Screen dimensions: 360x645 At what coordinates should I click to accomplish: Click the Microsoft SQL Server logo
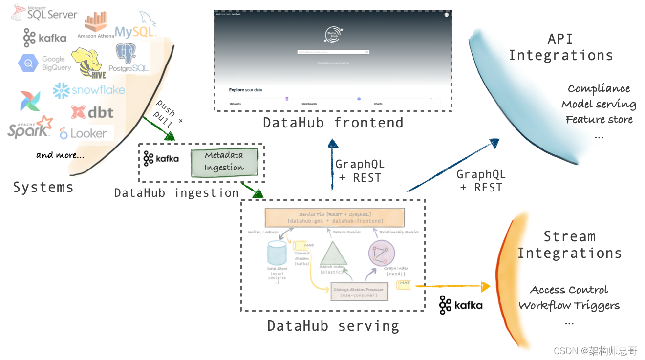[44, 13]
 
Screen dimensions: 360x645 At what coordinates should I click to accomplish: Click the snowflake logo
[89, 90]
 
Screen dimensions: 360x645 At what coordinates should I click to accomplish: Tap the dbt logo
[92, 112]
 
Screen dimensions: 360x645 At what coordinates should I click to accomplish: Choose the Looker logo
[83, 133]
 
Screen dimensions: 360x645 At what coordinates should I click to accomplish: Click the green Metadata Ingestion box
[224, 162]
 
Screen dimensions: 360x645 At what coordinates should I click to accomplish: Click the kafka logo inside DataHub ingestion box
[161, 159]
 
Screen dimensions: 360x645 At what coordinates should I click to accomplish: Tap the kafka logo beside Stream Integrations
[460, 305]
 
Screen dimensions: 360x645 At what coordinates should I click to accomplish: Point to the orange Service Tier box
[335, 217]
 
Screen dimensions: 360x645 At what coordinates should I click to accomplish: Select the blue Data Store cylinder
[277, 253]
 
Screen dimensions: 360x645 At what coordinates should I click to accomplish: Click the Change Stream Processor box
[359, 292]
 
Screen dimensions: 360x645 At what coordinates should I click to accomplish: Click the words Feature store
[599, 120]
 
